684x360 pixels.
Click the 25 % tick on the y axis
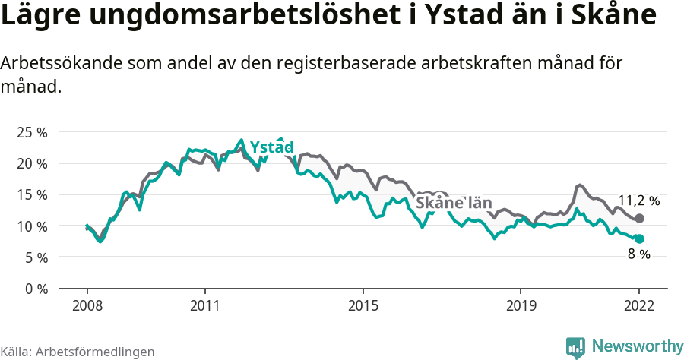(x=31, y=132)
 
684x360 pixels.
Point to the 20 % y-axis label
(x=31, y=163)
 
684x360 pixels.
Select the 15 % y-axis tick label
(x=31, y=194)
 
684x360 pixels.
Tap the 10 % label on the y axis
(x=31, y=226)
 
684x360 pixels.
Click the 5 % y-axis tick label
(x=35, y=257)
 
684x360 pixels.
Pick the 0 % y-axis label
(x=35, y=289)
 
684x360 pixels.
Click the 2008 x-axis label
(x=87, y=305)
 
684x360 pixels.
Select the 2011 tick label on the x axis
(x=204, y=305)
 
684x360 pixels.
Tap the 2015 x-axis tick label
(x=363, y=305)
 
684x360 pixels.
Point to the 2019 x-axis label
(x=521, y=305)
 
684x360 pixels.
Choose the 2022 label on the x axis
(x=639, y=305)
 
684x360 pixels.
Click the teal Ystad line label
(x=271, y=147)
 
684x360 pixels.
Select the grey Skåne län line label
(x=454, y=203)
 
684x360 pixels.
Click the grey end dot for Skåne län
(x=639, y=219)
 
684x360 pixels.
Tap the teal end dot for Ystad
(x=639, y=238)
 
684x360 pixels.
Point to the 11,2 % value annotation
(x=638, y=201)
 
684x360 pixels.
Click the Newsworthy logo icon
(x=575, y=347)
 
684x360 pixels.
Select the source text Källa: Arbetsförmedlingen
(x=78, y=352)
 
